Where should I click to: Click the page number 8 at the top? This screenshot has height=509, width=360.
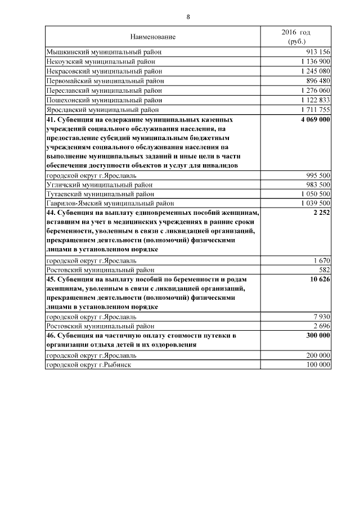coord(188,17)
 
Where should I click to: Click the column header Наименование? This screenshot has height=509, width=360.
coord(153,37)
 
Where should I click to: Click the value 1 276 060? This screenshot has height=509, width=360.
coord(315,91)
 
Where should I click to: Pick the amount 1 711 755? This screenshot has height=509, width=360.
coord(315,110)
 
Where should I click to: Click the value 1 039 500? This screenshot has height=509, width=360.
coord(315,204)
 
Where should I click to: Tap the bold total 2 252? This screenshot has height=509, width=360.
coord(321,214)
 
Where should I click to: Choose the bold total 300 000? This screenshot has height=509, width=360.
coord(317,336)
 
